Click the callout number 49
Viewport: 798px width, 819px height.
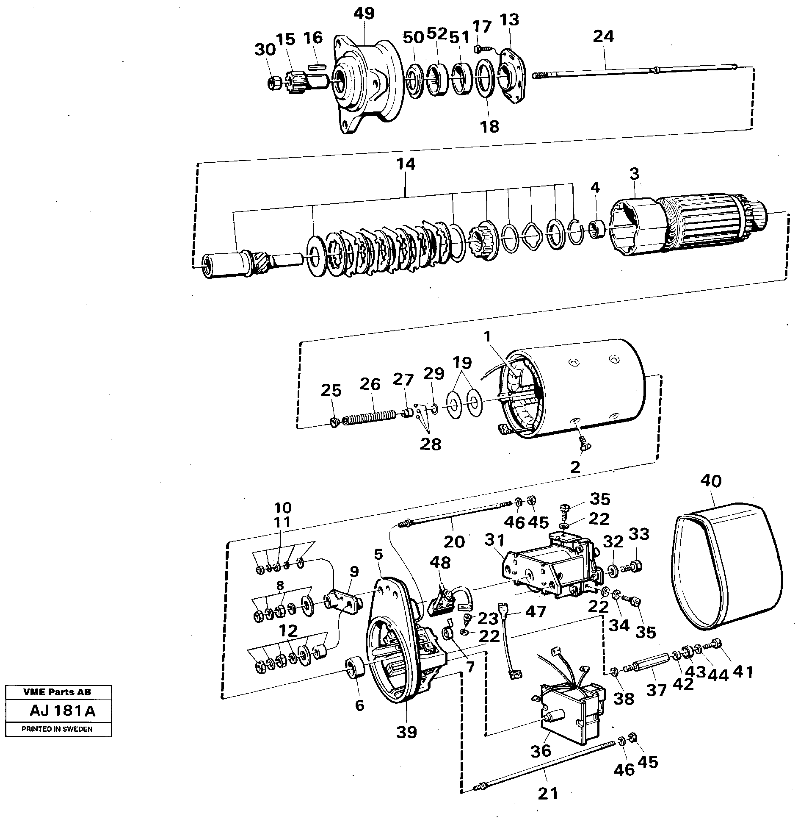364,14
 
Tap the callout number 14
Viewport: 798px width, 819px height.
406,164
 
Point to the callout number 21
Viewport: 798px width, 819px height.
548,793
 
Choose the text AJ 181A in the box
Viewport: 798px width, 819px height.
62,711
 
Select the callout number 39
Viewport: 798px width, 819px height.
406,732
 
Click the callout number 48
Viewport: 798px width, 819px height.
440,563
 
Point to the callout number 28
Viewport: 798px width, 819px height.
431,444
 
